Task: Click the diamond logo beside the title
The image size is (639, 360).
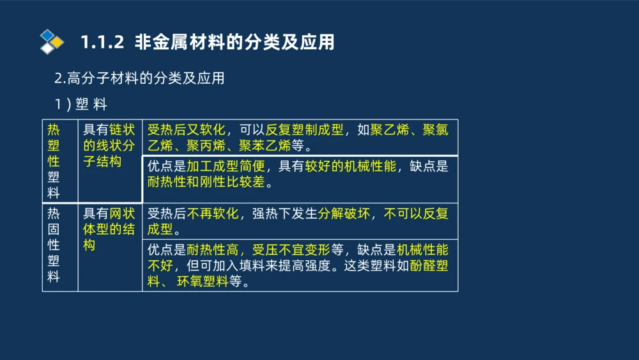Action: pyautogui.click(x=52, y=42)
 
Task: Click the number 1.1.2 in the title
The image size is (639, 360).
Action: pyautogui.click(x=101, y=43)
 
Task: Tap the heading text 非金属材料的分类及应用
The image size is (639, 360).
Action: pyautogui.click(x=235, y=43)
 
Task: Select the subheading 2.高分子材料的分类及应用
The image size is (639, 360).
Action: pyautogui.click(x=139, y=79)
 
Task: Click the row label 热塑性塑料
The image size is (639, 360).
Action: pyautogui.click(x=54, y=160)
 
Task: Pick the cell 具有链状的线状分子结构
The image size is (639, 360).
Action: pyautogui.click(x=109, y=146)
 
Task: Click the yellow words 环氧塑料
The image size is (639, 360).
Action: pyautogui.click(x=203, y=281)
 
